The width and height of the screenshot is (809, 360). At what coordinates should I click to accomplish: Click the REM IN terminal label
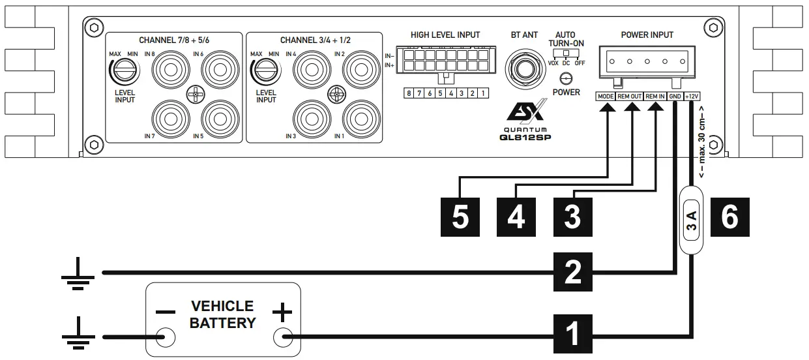pyautogui.click(x=655, y=97)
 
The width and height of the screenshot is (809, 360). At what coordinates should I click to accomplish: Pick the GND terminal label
pyautogui.click(x=675, y=97)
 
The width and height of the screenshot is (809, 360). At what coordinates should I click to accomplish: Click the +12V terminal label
pyautogui.click(x=692, y=97)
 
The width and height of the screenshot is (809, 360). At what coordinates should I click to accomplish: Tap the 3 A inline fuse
pyautogui.click(x=692, y=220)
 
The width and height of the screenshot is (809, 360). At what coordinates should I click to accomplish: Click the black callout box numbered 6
pyautogui.click(x=729, y=217)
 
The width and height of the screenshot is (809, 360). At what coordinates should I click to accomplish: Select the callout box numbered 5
pyautogui.click(x=460, y=217)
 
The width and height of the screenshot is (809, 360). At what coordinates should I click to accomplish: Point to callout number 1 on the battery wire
pyautogui.click(x=572, y=333)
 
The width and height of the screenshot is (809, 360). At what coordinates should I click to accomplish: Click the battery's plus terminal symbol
pyautogui.click(x=282, y=314)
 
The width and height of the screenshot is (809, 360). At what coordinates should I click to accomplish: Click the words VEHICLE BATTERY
pyautogui.click(x=222, y=314)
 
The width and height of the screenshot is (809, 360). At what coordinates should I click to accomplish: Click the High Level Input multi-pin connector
pyautogui.click(x=445, y=61)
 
